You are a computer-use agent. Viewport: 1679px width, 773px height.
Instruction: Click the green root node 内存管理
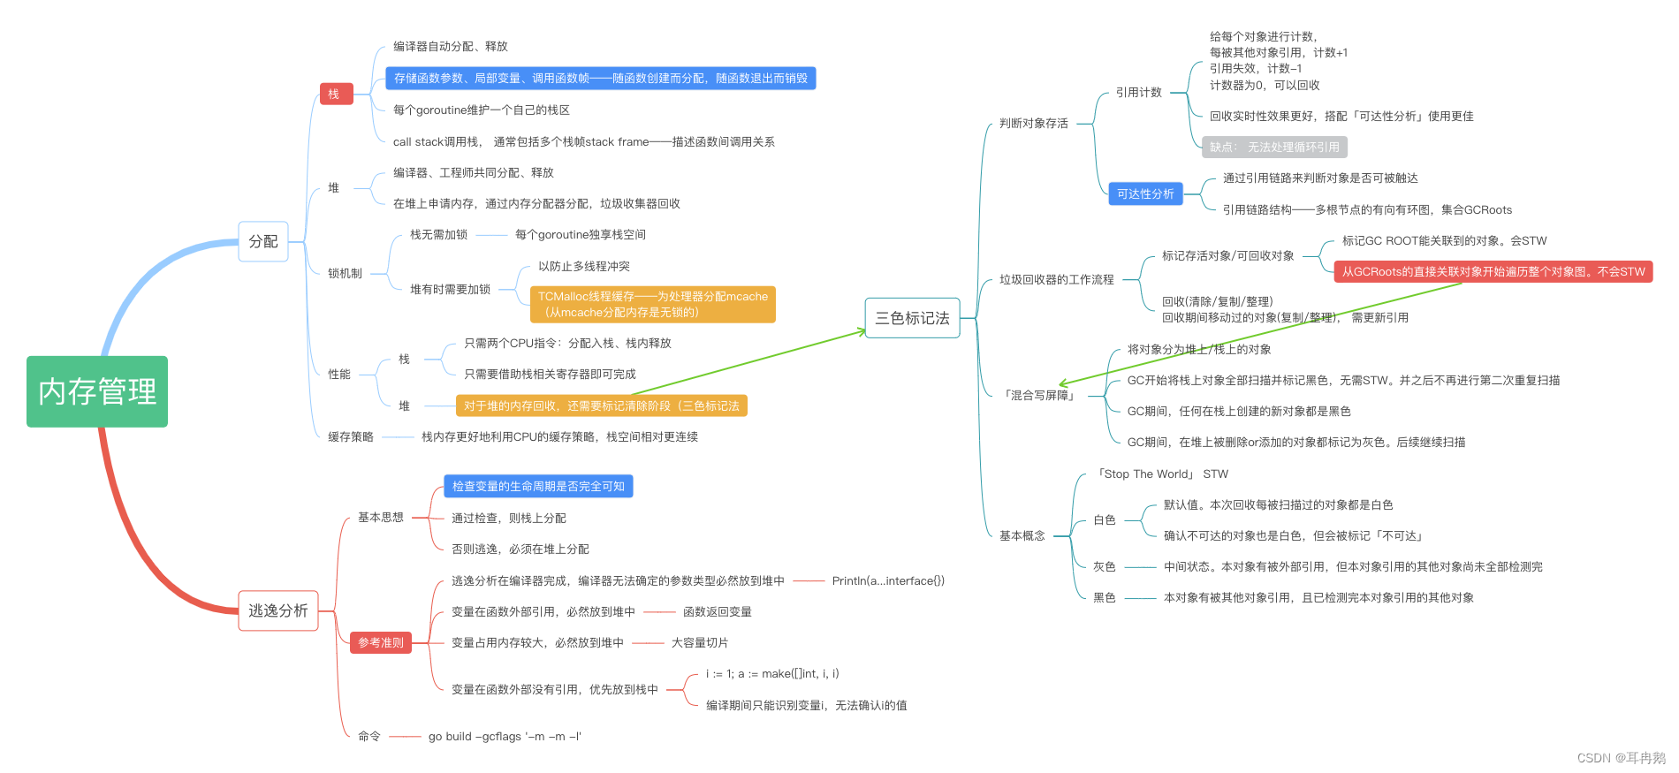pyautogui.click(x=97, y=391)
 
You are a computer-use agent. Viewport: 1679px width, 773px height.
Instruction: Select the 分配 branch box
pyautogui.click(x=263, y=241)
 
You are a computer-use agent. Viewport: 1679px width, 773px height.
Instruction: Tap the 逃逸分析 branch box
pyautogui.click(x=277, y=610)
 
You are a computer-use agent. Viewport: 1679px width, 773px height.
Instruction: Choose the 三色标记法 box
pyautogui.click(x=912, y=318)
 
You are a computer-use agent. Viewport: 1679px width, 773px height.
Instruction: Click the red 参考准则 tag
pyautogui.click(x=381, y=642)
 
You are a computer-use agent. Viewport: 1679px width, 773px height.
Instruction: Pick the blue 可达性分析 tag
pyautogui.click(x=1145, y=193)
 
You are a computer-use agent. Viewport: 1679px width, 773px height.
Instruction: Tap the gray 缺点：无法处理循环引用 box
pyautogui.click(x=1274, y=148)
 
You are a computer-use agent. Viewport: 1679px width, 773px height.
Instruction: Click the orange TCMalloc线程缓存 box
pyautogui.click(x=652, y=304)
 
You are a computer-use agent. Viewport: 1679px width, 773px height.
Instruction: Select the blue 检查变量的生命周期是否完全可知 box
pyautogui.click(x=538, y=486)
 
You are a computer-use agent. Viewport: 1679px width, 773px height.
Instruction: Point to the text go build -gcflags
pyautogui.click(x=505, y=736)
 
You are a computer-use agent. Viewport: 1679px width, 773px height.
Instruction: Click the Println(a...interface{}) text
pyautogui.click(x=888, y=580)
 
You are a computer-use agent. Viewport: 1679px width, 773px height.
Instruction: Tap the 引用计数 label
pyautogui.click(x=1138, y=92)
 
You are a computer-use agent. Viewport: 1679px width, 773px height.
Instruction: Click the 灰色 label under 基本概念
pyautogui.click(x=1104, y=566)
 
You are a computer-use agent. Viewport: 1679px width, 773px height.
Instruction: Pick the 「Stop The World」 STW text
pyautogui.click(x=1162, y=474)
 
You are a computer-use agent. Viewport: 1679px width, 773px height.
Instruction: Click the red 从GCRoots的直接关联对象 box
pyautogui.click(x=1493, y=271)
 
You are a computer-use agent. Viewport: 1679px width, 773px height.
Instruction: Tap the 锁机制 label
pyautogui.click(x=345, y=273)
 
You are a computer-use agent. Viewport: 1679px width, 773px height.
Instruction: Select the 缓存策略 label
pyautogui.click(x=350, y=436)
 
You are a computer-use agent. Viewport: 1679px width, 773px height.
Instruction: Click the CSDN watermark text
pyautogui.click(x=1620, y=758)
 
